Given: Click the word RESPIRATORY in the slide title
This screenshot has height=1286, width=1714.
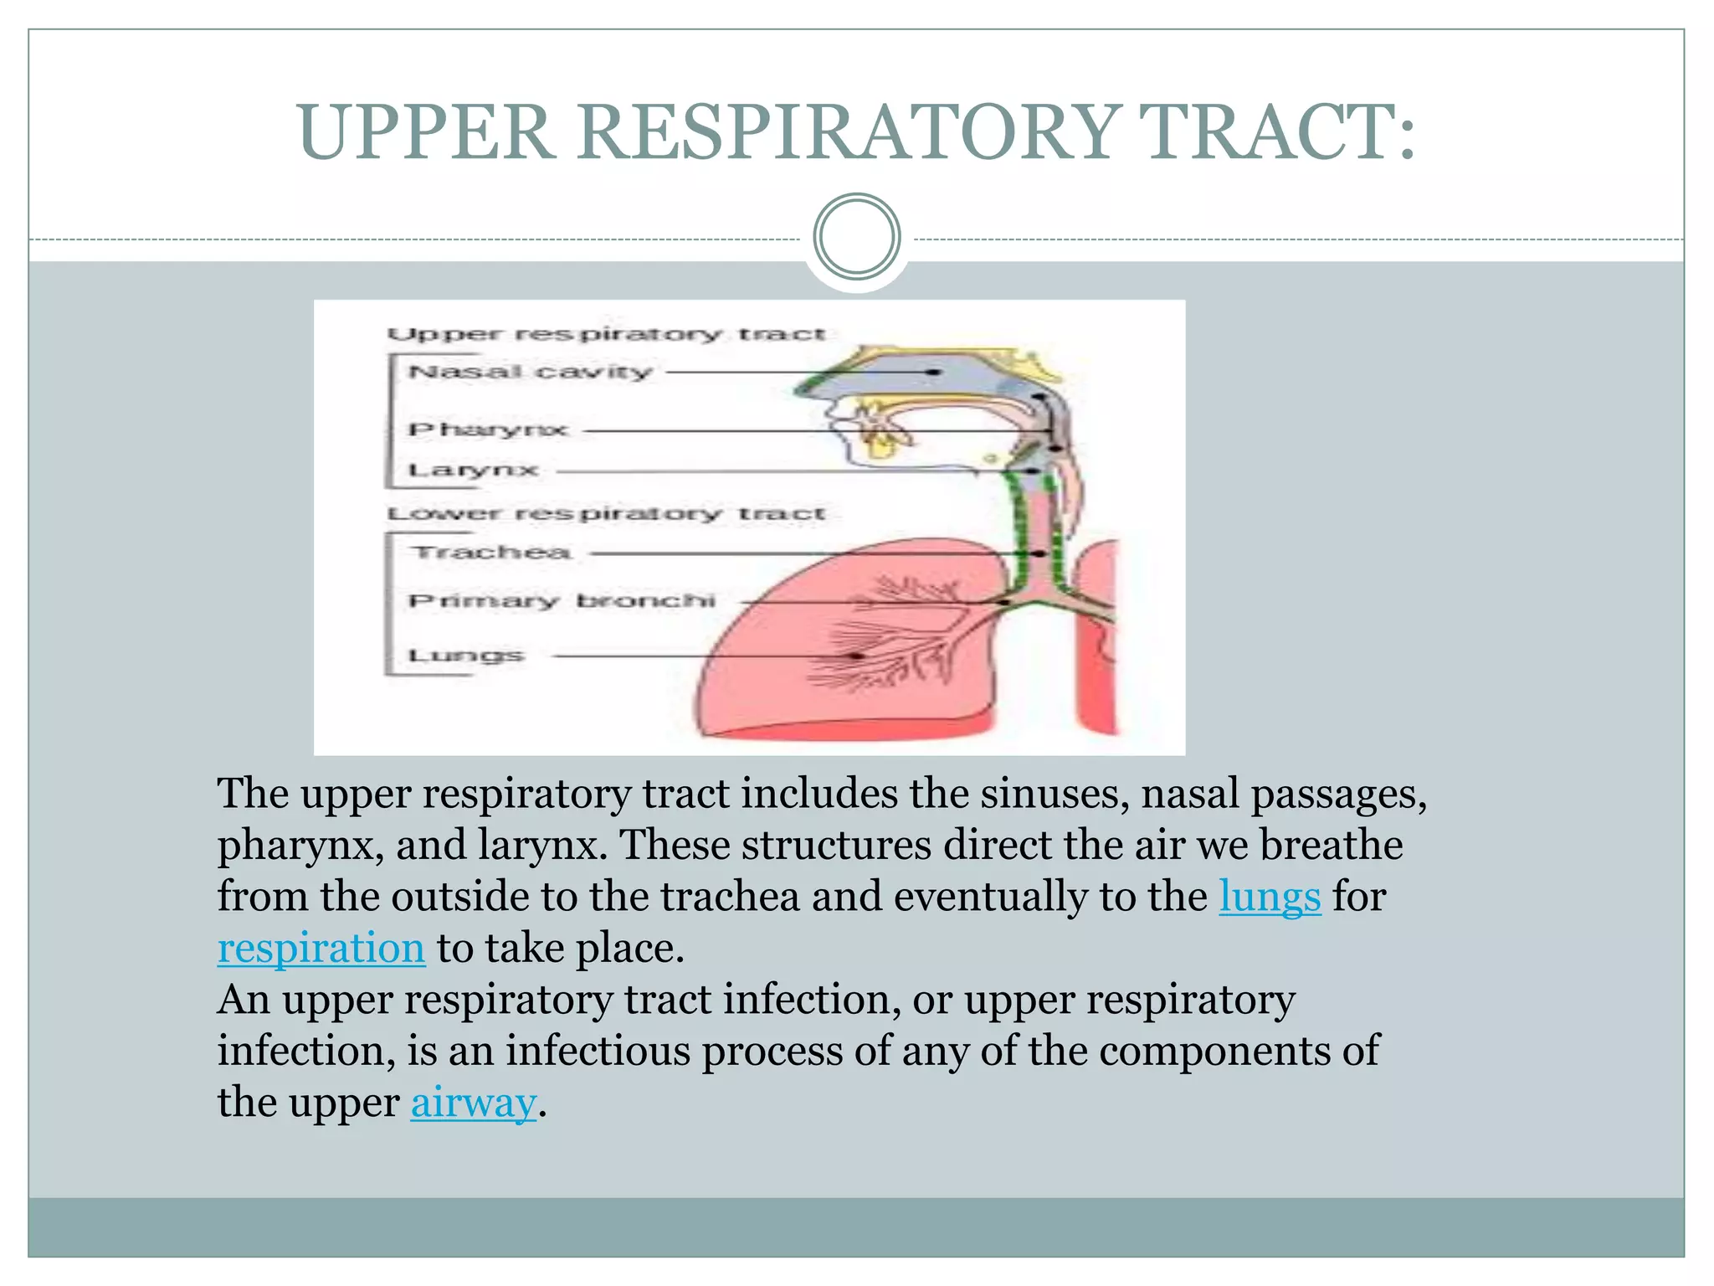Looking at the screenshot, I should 844,132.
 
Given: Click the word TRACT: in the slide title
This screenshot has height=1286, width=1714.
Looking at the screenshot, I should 1275,132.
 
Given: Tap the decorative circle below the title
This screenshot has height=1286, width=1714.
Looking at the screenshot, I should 856,237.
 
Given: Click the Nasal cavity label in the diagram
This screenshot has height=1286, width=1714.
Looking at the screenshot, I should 530,371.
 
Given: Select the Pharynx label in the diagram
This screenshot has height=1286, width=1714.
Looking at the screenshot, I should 488,430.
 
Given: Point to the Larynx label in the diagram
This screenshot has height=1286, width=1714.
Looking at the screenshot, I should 473,470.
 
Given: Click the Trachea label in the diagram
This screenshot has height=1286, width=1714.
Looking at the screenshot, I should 491,553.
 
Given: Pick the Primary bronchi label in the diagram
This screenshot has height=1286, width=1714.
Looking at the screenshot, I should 562,600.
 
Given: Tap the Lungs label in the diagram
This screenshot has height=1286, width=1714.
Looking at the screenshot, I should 466,655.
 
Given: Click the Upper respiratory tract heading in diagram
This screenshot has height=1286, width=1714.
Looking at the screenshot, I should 606,334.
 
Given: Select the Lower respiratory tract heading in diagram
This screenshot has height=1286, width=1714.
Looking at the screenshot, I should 606,512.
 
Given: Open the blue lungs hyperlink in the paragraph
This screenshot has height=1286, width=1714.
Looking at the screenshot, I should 1269,897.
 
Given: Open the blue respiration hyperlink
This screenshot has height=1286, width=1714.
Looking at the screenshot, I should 321,949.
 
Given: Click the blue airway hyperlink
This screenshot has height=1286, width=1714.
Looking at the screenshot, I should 473,1103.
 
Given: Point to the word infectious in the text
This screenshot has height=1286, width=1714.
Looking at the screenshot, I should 598,1051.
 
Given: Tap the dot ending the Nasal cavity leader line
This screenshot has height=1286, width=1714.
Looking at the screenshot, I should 936,372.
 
